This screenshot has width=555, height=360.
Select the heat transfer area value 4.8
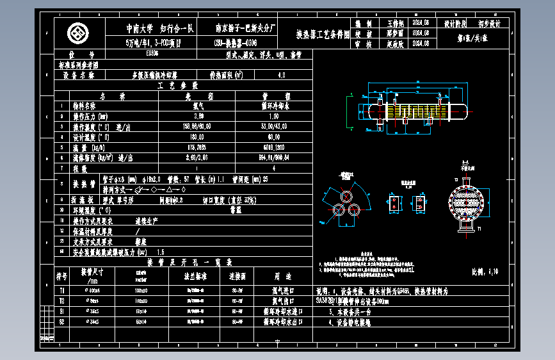pyautogui.click(x=282, y=75)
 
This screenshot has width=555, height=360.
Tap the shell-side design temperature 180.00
pyautogui.click(x=198, y=136)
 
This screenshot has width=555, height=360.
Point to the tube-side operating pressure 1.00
pyautogui.click(x=273, y=116)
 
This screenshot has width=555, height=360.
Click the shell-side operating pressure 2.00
pyautogui.click(x=198, y=116)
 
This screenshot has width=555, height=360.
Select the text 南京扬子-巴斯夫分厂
pyautogui.click(x=246, y=28)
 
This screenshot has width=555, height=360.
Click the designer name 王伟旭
pyautogui.click(x=397, y=23)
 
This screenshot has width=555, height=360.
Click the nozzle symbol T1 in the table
pyautogui.click(x=62, y=290)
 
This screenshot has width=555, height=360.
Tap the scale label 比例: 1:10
pyautogui.click(x=485, y=272)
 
